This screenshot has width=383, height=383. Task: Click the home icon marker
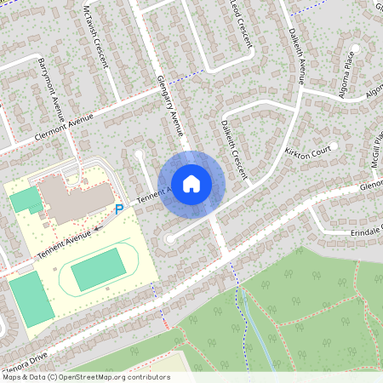[x=191, y=182]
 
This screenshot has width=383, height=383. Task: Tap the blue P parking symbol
[x=119, y=209]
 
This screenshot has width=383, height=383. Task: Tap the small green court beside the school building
[x=25, y=201]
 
